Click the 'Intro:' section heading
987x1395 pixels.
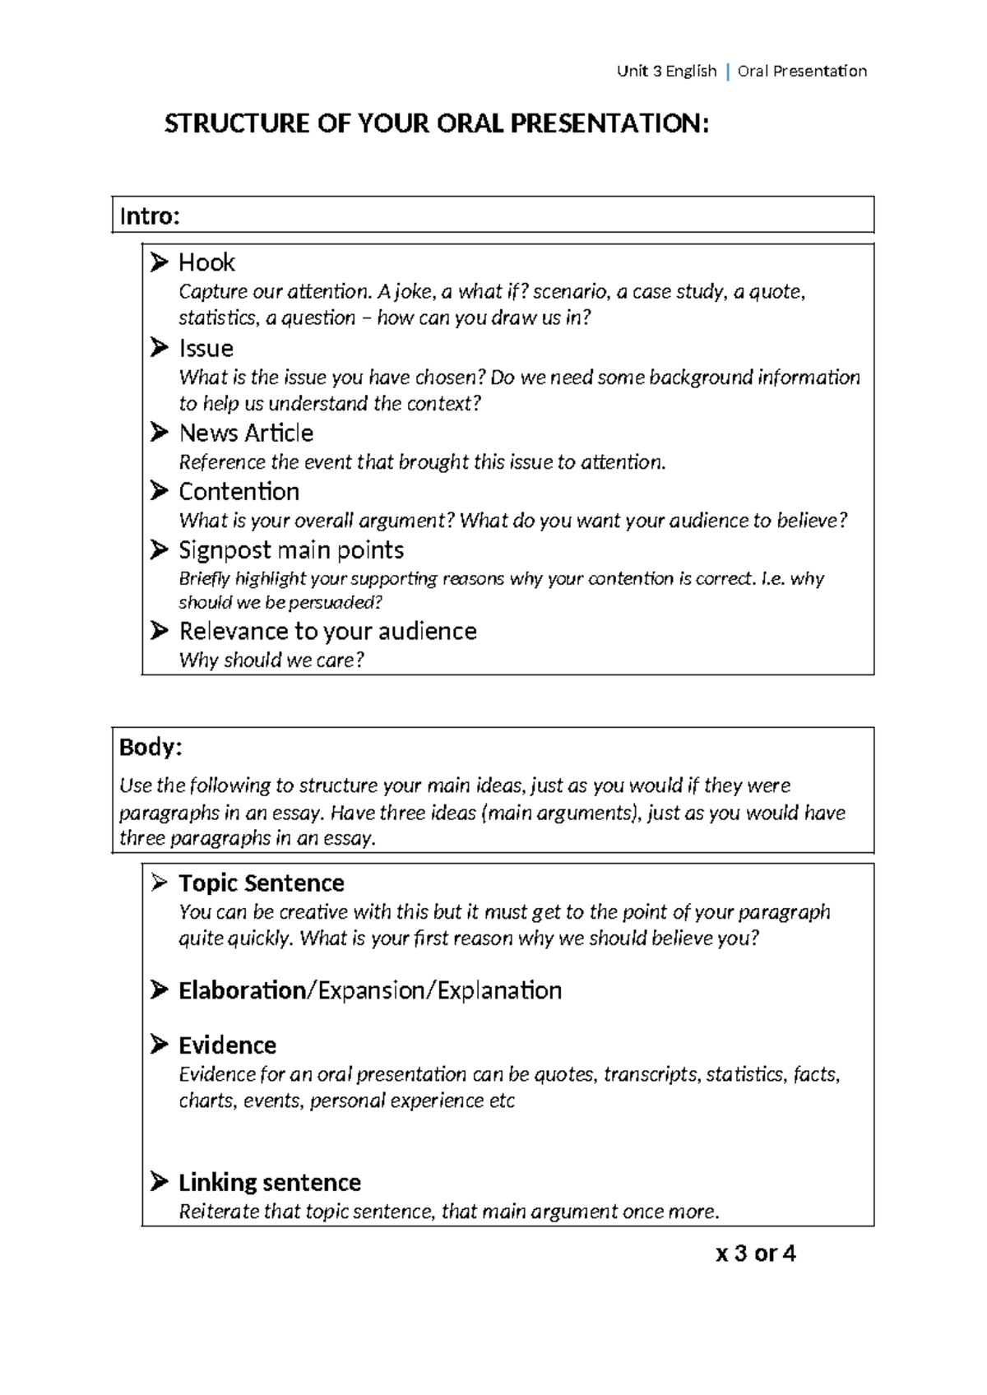pos(149,216)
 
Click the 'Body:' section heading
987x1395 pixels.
pos(151,747)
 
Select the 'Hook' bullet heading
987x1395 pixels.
pos(206,262)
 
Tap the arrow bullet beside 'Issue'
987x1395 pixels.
pos(160,348)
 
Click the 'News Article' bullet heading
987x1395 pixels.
pos(246,433)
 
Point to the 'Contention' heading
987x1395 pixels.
pos(239,491)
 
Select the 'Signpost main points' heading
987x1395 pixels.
pos(291,549)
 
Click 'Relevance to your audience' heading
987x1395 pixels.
pos(327,631)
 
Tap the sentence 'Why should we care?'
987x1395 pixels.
pos(271,660)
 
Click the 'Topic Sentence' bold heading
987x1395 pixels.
pos(261,883)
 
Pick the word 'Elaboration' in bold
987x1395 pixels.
pos(242,990)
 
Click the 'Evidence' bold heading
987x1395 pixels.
pos(227,1045)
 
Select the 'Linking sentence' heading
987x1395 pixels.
pos(269,1182)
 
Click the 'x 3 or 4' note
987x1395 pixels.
pos(755,1254)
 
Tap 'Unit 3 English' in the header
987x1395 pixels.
pos(666,72)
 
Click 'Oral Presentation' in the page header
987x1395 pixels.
pos(802,72)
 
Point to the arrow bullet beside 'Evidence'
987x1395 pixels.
pos(160,1045)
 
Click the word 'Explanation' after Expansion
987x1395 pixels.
pos(499,990)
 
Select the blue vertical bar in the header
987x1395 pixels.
pos(728,72)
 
